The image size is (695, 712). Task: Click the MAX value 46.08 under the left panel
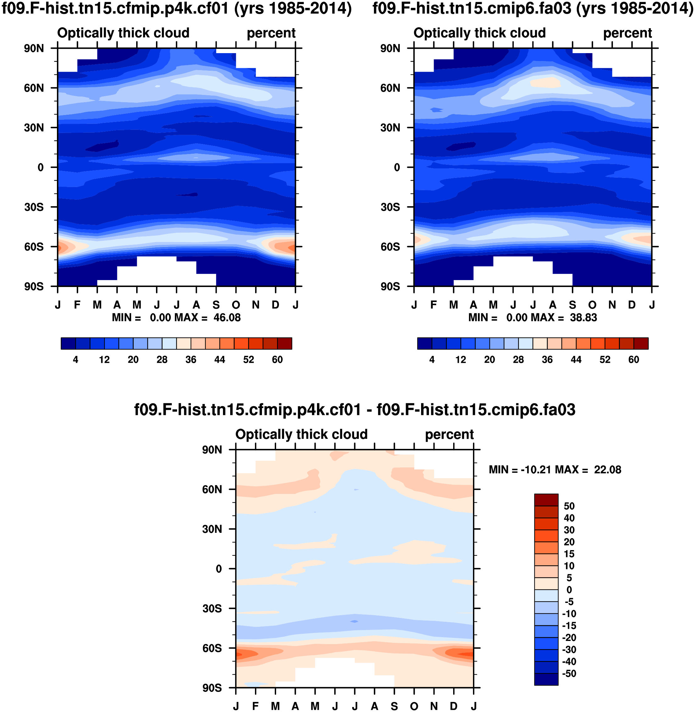227,317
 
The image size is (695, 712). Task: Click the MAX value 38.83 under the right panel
583,317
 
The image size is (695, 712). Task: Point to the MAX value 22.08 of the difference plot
607,470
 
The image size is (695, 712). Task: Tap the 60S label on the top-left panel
34,247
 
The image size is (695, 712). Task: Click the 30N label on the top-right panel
390,128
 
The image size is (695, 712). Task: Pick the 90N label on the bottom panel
212,450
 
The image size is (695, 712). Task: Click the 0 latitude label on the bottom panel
219,569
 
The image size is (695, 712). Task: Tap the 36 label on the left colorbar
191,360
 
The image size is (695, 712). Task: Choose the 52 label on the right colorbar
605,360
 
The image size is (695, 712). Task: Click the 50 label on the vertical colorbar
569,506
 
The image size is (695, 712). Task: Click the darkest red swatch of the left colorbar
285,343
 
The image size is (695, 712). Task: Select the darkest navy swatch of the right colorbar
425,343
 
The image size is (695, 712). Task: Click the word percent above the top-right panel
627,33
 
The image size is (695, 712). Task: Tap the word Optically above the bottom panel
260,434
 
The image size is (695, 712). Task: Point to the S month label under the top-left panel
216,305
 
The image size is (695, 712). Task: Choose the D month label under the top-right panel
632,305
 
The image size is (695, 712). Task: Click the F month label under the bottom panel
255,706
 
